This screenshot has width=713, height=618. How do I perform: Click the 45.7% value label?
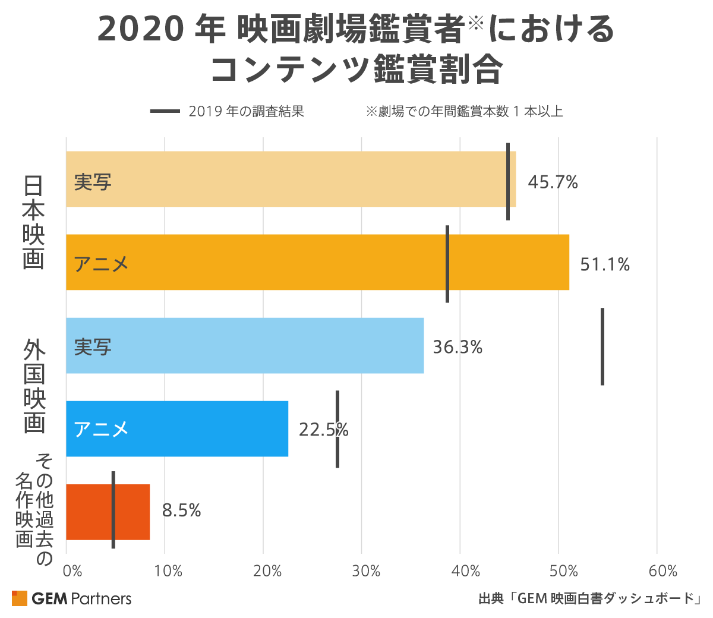tap(553, 182)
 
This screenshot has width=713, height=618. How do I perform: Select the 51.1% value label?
tap(605, 264)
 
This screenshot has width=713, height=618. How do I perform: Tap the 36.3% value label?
tap(458, 346)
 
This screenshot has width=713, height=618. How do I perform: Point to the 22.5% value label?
tap(323, 429)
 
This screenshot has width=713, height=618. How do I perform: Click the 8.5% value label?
tap(182, 510)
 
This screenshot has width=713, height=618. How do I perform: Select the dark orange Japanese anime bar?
tap(317, 262)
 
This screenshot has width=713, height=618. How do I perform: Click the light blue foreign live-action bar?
tap(245, 345)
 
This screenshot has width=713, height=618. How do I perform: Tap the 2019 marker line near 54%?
tap(602, 346)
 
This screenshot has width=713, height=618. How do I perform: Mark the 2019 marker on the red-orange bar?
tap(113, 510)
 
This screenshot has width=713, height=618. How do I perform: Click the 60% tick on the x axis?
tap(663, 572)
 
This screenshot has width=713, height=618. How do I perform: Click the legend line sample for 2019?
tap(165, 111)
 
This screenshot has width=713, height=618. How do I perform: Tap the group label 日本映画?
tap(34, 222)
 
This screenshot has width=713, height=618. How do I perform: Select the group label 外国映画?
tap(34, 386)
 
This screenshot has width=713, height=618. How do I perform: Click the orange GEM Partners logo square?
tap(20, 598)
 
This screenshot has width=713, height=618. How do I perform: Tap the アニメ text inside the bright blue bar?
tap(102, 429)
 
